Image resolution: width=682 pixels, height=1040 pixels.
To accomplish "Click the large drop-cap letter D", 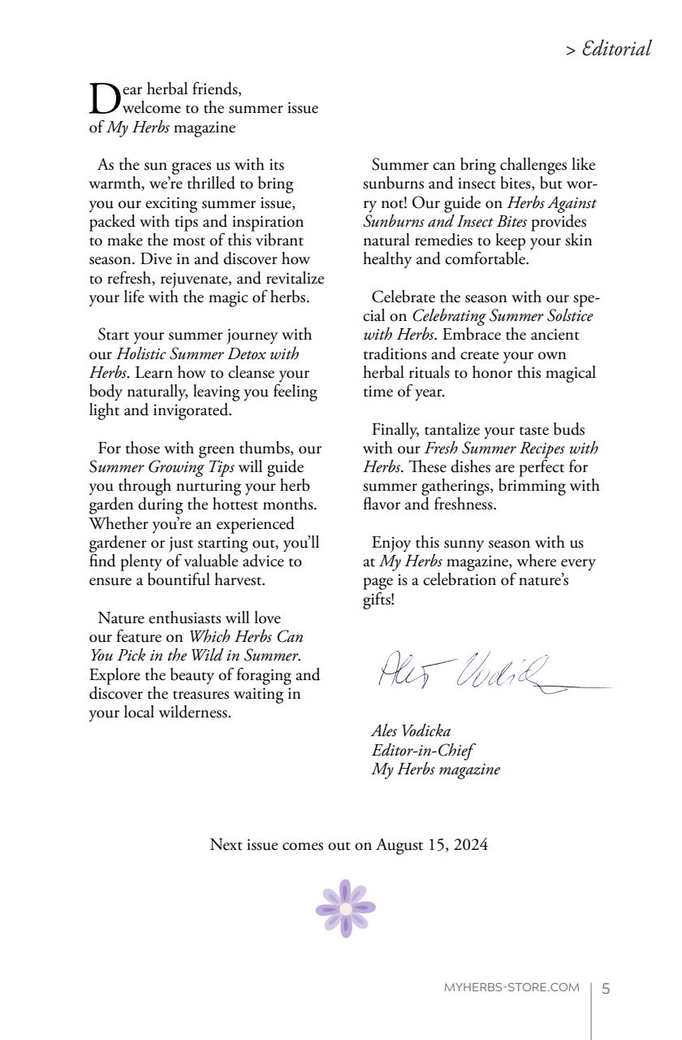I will (x=103, y=98).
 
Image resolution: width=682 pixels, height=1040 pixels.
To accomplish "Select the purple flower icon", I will (x=346, y=908).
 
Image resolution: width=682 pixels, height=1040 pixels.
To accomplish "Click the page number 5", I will (x=606, y=989).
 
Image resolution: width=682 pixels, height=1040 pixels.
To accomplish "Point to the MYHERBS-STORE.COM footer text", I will (x=511, y=988).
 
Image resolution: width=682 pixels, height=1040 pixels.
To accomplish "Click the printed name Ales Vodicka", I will (x=411, y=730).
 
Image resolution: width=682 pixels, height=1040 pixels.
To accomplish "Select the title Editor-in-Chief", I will (x=423, y=750).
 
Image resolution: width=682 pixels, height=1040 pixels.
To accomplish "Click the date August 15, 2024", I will (x=432, y=845).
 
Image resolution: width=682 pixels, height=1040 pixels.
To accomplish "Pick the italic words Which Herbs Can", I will (x=246, y=637).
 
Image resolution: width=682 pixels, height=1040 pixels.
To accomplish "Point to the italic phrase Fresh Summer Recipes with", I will (x=511, y=448).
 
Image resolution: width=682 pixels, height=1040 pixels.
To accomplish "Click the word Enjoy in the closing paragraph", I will (x=391, y=543).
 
